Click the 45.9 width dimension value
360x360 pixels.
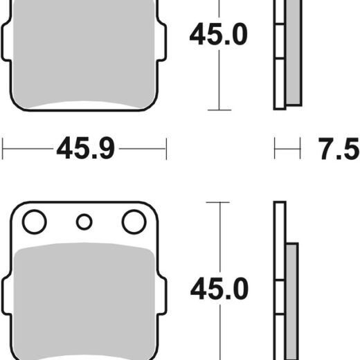click(85, 148)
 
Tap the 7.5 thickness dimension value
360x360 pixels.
click(339, 149)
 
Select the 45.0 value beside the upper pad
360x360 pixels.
click(218, 34)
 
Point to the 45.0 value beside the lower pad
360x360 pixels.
click(219, 289)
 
